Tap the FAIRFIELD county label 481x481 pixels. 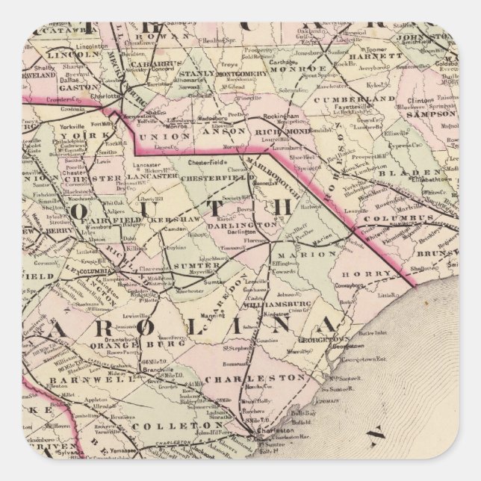100,220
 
